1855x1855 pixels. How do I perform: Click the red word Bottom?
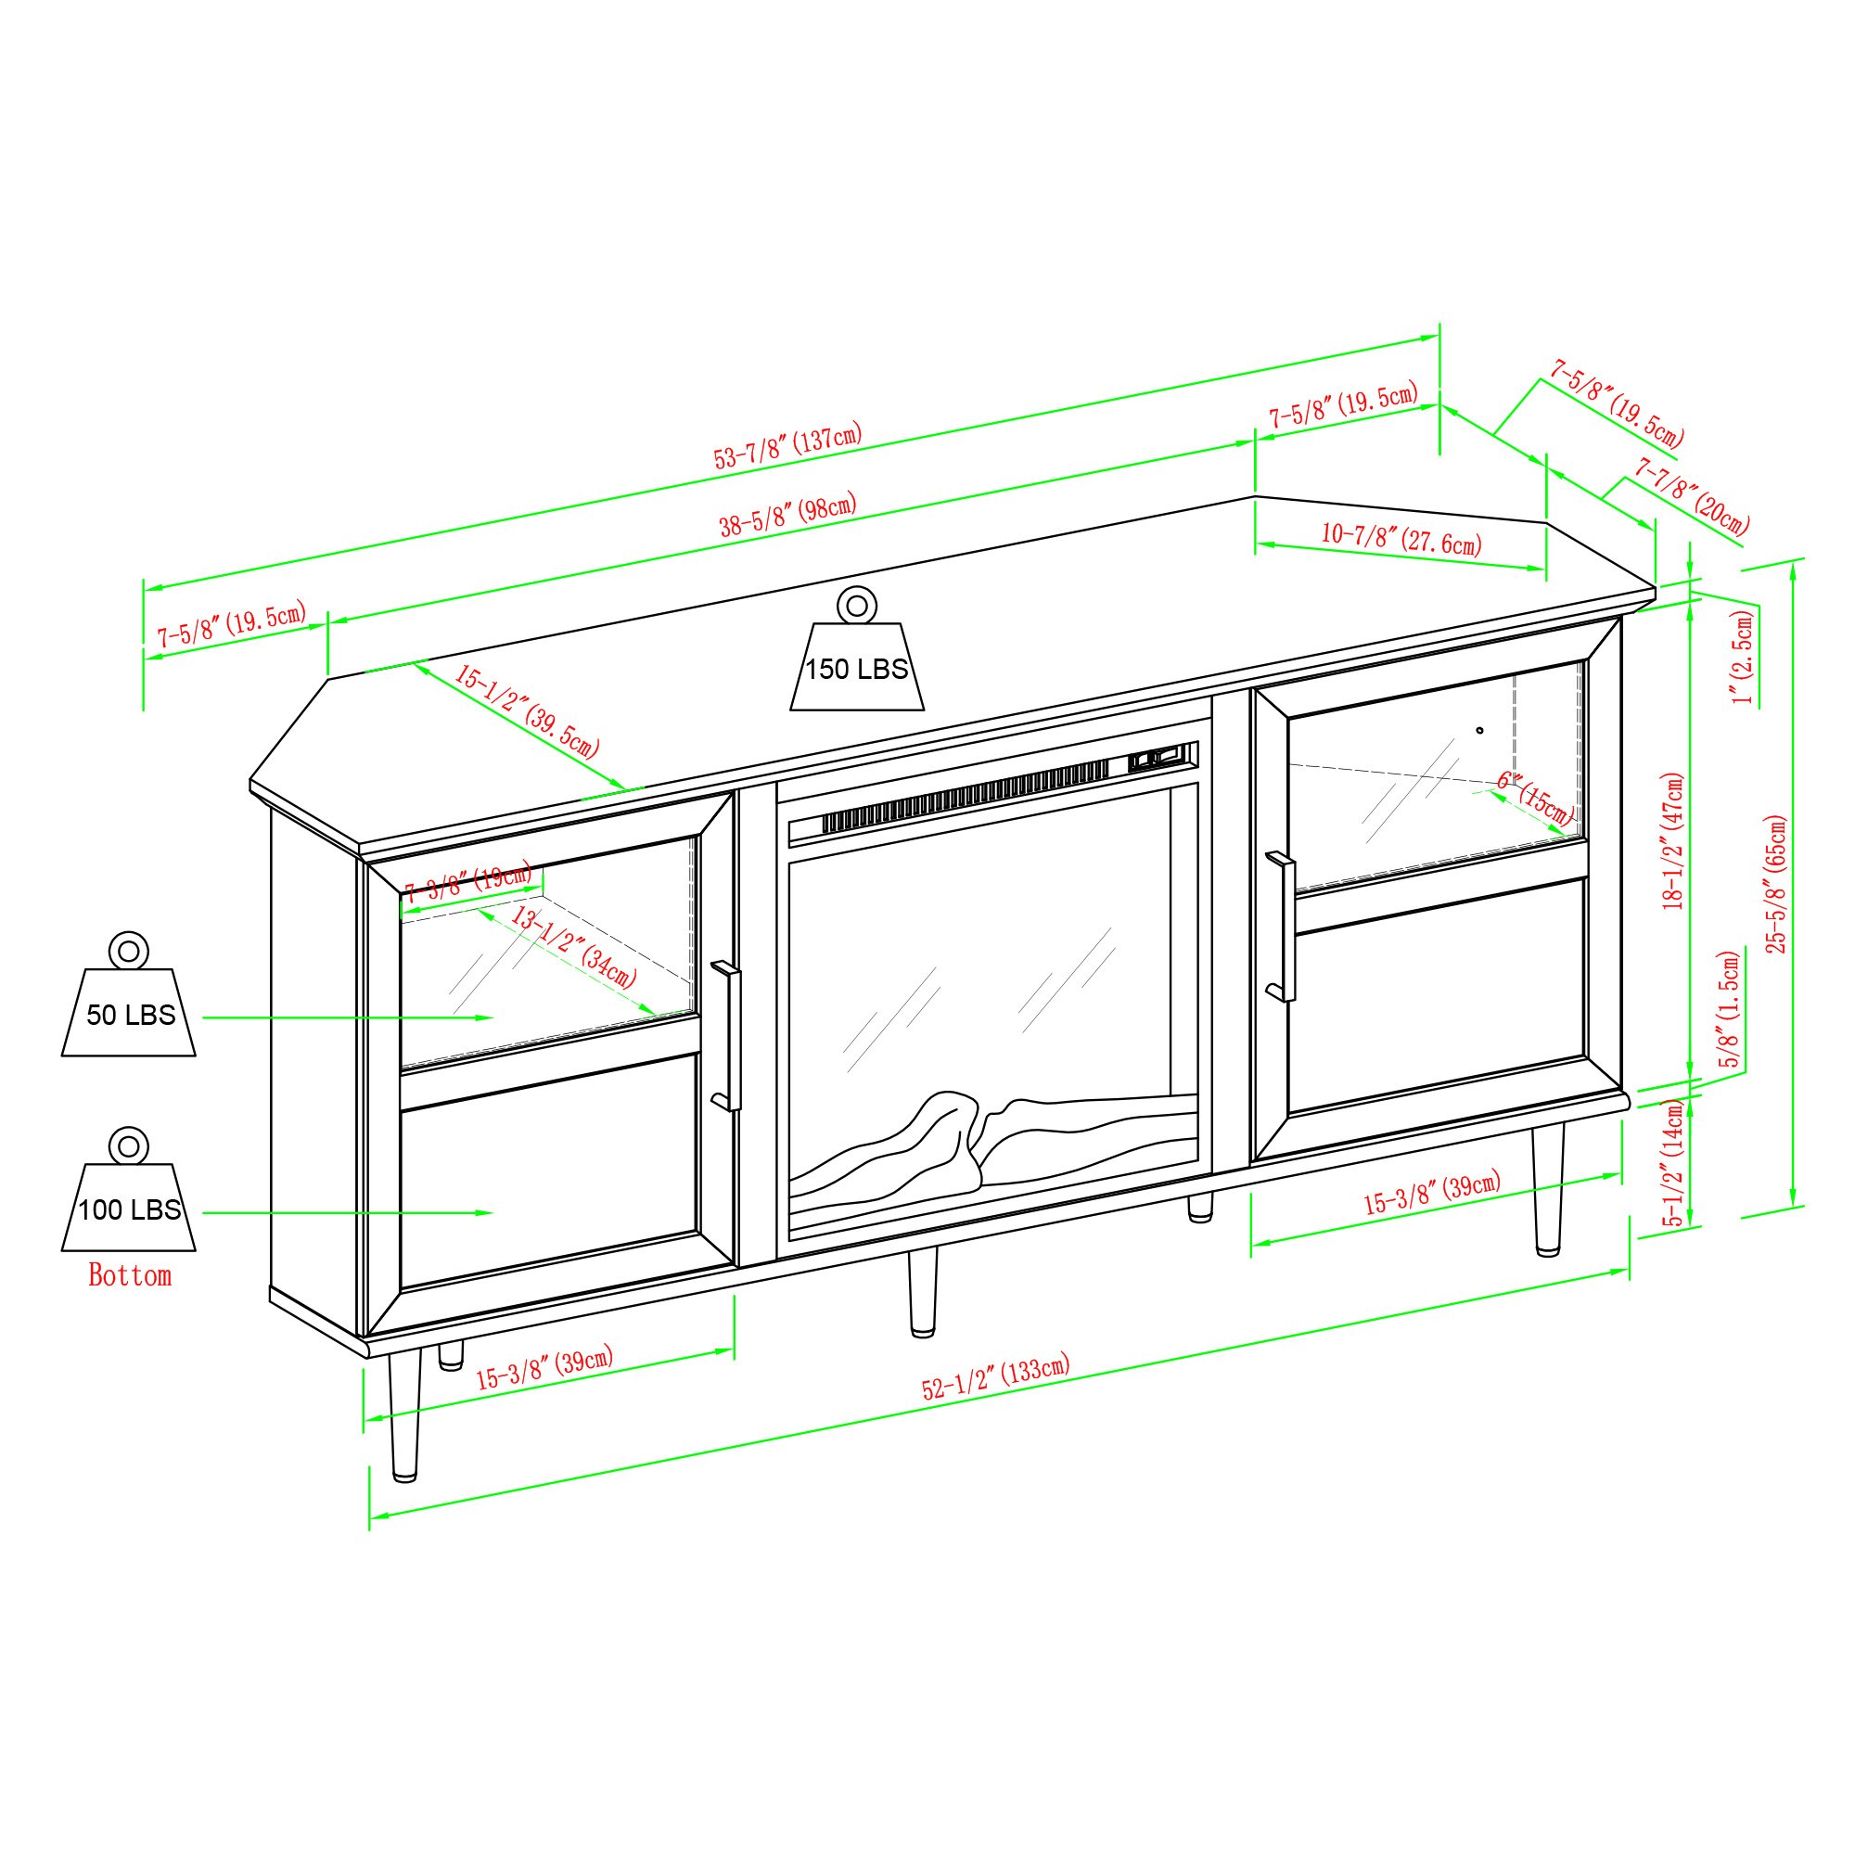tap(130, 1275)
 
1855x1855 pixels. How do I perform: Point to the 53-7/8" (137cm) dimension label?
tap(787, 445)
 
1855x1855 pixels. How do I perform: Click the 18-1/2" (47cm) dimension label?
tap(1673, 840)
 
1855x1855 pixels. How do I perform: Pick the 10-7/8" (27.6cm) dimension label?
tap(1401, 540)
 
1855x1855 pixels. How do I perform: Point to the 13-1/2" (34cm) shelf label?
tap(573, 947)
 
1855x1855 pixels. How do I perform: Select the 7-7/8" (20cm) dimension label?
tap(1692, 496)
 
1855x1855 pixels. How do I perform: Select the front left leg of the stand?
tap(404, 1415)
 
